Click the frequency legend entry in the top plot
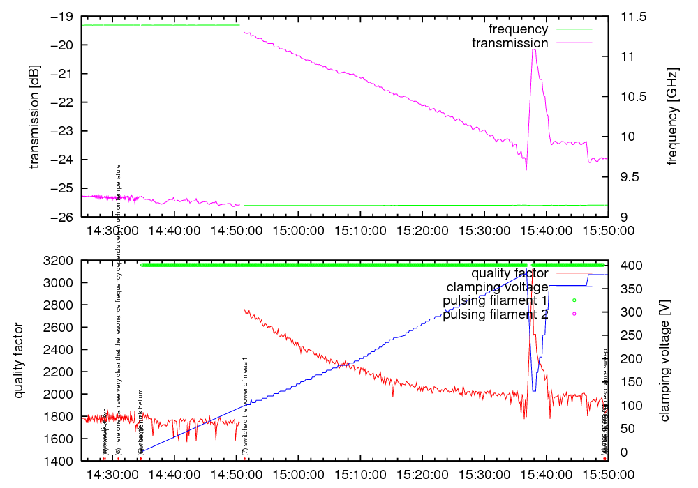[518, 29]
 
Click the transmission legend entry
[510, 43]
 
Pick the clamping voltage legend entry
[497, 287]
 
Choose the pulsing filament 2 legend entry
[495, 314]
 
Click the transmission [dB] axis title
[34, 116]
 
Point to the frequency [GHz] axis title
[672, 116]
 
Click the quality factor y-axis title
[20, 360]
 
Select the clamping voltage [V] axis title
[664, 360]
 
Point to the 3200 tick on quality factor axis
[60, 261]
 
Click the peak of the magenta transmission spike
[533, 49]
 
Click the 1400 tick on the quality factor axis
[60, 462]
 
